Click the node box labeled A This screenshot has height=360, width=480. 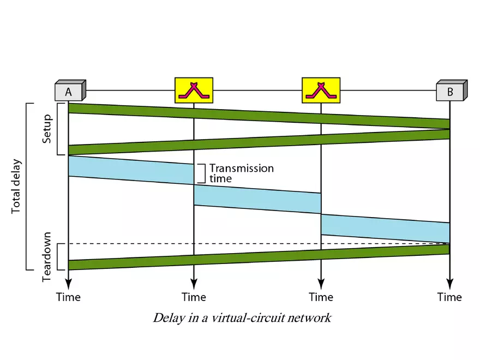[69, 91]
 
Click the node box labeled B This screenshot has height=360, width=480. [451, 91]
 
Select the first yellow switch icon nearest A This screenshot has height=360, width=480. [194, 90]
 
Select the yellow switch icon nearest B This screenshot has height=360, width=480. [321, 90]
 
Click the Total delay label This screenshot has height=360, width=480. [16, 186]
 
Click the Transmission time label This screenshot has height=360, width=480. [241, 173]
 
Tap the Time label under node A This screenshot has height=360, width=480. [68, 297]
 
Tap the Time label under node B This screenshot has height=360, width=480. [449, 297]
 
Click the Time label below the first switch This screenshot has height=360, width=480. [194, 297]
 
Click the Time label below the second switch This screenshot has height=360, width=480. [321, 297]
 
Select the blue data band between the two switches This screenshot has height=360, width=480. [257, 199]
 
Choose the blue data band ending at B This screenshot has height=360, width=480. [385, 227]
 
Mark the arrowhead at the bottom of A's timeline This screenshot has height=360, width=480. [68, 283]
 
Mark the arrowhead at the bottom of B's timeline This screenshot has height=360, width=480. [449, 283]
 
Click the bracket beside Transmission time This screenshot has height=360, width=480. [201, 173]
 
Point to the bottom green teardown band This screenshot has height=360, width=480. [259, 257]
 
